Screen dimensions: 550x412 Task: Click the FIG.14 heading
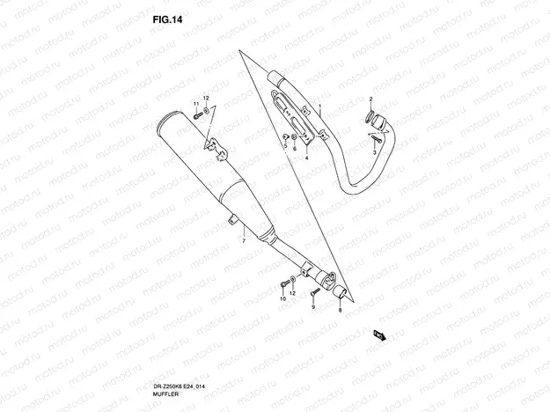pos(167,19)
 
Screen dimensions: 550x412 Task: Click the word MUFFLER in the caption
pos(165,394)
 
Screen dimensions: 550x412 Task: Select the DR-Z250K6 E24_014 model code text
pos(179,386)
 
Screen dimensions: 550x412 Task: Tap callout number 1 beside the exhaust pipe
pos(320,106)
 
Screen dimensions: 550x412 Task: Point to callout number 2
pos(370,99)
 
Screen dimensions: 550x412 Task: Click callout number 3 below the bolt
pos(375,152)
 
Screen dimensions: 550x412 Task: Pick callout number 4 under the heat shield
pos(306,158)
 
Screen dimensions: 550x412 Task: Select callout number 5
pos(285,145)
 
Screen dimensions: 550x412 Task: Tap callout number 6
pos(295,149)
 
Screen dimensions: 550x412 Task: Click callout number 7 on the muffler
pos(244,240)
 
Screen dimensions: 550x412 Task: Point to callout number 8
pos(340,310)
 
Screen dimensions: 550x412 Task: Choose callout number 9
pos(313,307)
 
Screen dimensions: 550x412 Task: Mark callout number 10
pos(283,298)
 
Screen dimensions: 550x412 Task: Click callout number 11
pos(196,104)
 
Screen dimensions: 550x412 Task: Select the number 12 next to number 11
pos(206,98)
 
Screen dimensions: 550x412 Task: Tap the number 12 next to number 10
pos(292,292)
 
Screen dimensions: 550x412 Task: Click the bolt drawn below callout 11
pos(197,115)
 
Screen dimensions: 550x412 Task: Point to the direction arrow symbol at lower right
pos(380,335)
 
